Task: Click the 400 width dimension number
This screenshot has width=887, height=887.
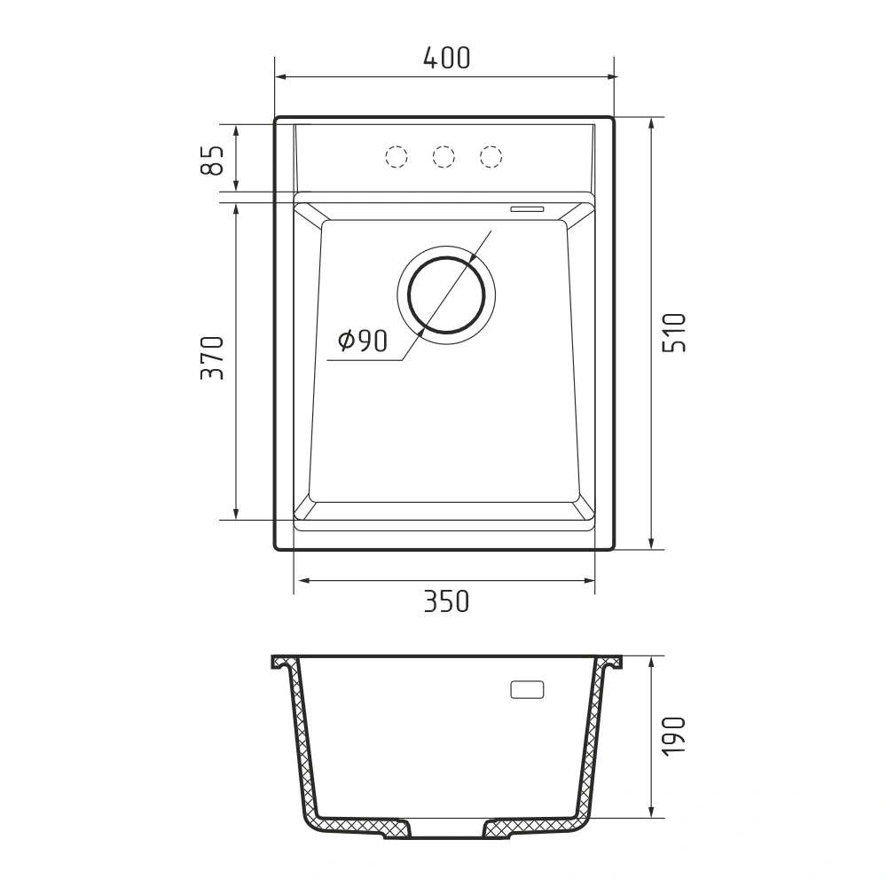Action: pos(447,58)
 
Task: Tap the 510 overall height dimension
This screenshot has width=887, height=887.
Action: pos(674,333)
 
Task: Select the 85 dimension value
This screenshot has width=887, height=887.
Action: pos(213,160)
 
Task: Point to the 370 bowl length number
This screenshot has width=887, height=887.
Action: pos(213,357)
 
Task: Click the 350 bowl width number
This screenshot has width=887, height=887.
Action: pos(447,601)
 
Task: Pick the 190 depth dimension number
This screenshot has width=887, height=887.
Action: pos(674,734)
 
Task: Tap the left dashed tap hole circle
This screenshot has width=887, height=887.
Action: pos(396,156)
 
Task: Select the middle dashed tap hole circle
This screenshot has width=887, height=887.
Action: pos(443,156)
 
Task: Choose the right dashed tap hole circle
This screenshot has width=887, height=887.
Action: pos(491,156)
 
